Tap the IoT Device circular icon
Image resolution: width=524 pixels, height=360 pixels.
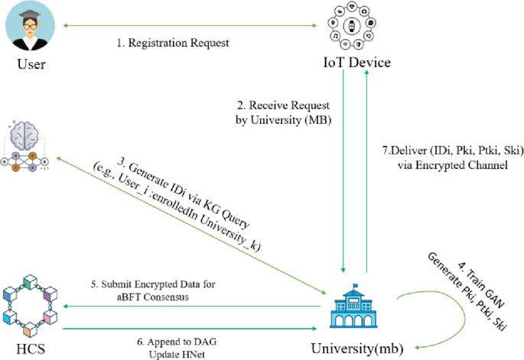click(351, 27)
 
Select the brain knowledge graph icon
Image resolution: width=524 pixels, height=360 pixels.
click(28, 144)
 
